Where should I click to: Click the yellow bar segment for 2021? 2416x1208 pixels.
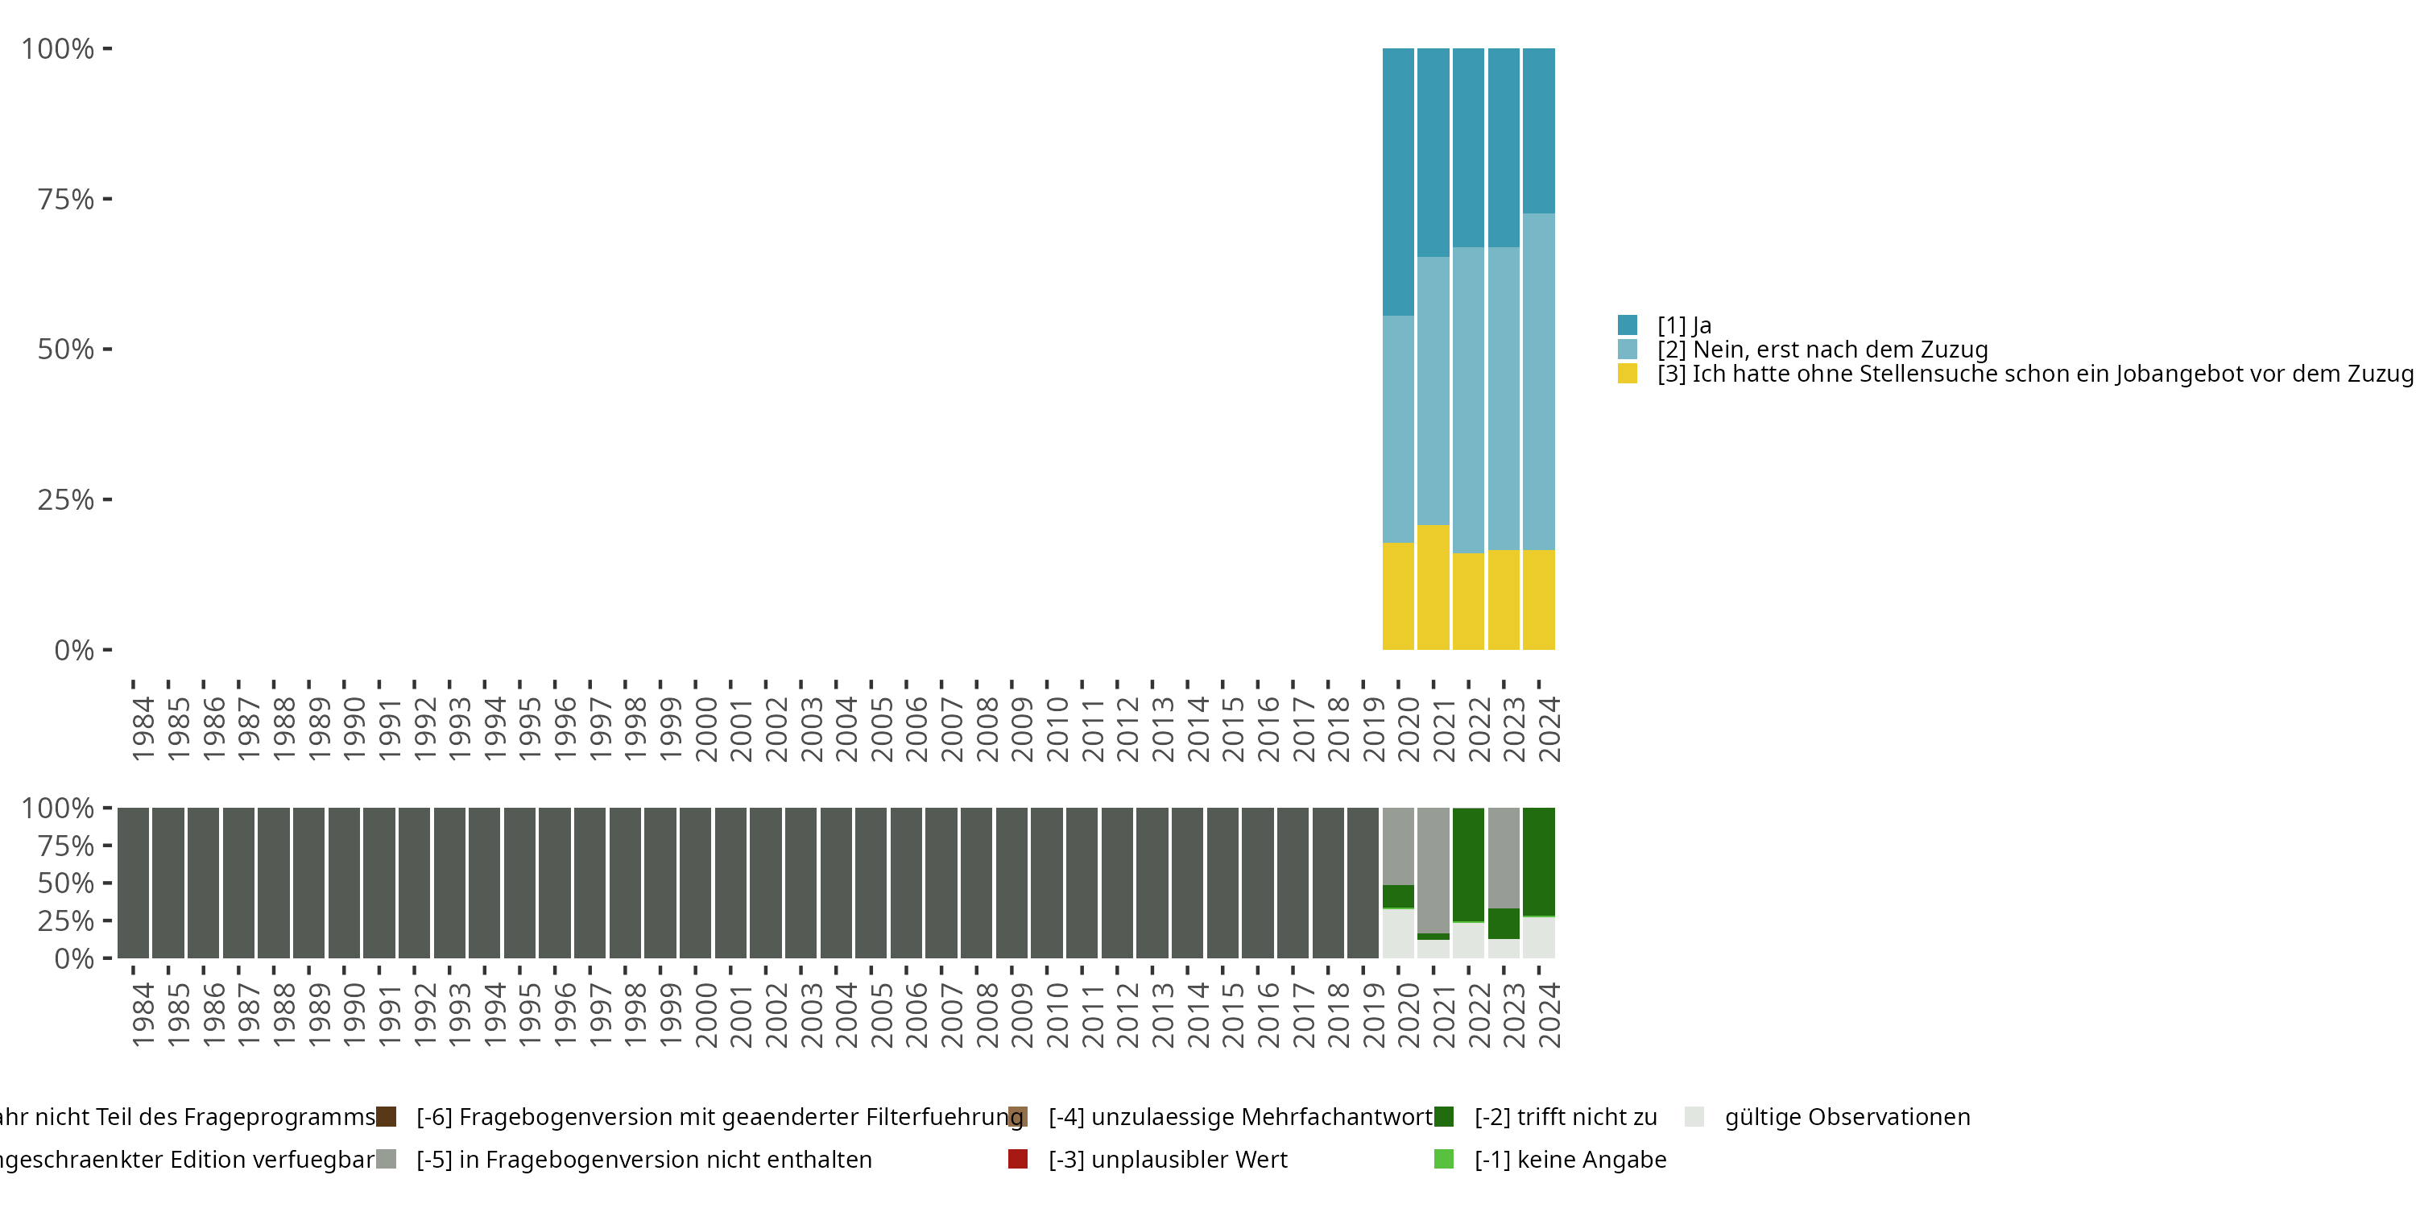point(1433,587)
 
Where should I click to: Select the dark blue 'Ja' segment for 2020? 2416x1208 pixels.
point(1397,182)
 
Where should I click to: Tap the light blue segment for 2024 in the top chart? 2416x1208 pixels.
point(1538,382)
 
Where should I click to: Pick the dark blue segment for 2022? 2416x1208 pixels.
point(1468,148)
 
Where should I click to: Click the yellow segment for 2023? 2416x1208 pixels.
point(1504,599)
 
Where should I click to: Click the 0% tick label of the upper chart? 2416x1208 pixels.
point(74,650)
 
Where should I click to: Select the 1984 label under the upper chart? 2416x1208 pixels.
point(143,729)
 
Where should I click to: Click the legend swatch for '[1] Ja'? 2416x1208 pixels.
point(1628,325)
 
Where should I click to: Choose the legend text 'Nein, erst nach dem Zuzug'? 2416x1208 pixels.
point(1839,350)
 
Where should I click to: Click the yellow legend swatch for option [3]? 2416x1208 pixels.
point(1628,374)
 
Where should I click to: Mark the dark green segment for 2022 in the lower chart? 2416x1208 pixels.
point(1468,865)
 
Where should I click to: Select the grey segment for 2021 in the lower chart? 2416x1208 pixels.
point(1433,871)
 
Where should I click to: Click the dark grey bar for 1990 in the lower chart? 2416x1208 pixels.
point(344,883)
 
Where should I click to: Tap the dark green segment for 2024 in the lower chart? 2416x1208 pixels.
point(1538,862)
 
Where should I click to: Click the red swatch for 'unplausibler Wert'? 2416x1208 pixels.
point(1018,1159)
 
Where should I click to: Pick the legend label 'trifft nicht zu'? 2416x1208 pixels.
point(1566,1117)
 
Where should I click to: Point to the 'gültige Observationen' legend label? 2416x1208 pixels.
point(1847,1117)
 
